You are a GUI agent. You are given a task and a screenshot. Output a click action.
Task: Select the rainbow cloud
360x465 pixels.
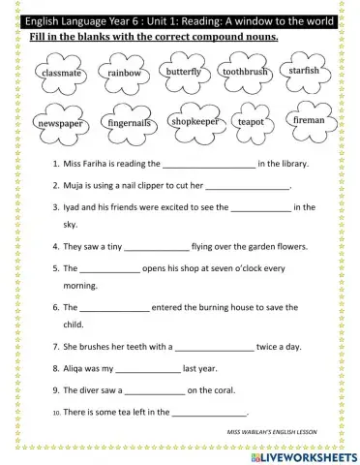click(124, 74)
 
